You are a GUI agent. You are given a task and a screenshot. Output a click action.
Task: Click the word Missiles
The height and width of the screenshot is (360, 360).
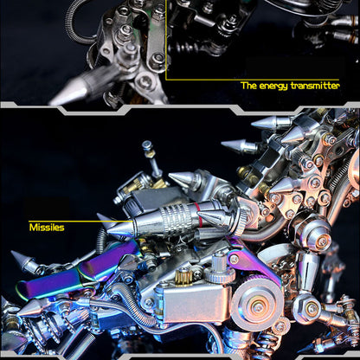click(x=47, y=228)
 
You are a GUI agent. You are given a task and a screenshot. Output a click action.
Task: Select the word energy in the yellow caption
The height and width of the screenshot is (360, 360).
click(x=273, y=87)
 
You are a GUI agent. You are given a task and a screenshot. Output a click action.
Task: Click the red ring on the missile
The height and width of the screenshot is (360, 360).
click(x=197, y=214)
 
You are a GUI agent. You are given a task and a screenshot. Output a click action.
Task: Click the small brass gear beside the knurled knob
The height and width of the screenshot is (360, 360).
click(x=183, y=276)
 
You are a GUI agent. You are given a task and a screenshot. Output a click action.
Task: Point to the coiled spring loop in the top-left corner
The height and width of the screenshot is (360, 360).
click(x=75, y=23)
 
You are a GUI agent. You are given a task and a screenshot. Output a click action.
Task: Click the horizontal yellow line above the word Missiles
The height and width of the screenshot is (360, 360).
click(x=81, y=222)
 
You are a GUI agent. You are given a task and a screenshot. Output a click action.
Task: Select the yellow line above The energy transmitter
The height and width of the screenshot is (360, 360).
click(x=253, y=79)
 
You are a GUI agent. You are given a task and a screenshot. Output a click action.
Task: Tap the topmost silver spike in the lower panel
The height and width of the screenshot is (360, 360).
click(x=269, y=122)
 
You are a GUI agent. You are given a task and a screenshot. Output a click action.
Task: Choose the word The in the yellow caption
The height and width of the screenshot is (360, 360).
click(x=248, y=86)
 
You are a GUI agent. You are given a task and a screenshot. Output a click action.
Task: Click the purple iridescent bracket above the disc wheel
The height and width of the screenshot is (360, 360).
click(x=252, y=262)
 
